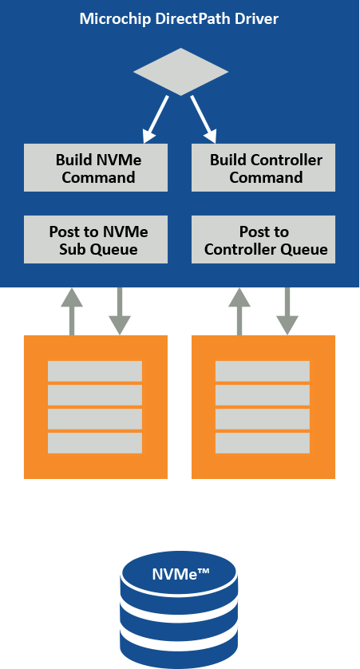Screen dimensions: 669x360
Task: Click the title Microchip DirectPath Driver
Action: pos(179,18)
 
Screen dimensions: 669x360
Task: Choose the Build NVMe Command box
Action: pos(96,168)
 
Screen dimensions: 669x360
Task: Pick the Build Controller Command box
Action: pos(263,168)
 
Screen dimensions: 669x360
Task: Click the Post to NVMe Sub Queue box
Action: pos(96,239)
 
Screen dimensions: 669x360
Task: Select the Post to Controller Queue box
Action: pos(263,239)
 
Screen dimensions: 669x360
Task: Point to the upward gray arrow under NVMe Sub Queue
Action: pos(72,310)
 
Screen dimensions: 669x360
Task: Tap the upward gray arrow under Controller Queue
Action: pos(239,310)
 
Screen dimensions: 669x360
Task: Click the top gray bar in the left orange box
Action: pos(95,371)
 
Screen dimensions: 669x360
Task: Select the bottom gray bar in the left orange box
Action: pos(95,443)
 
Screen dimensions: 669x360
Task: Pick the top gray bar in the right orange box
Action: pos(263,371)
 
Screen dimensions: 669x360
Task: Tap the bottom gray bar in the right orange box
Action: pos(263,443)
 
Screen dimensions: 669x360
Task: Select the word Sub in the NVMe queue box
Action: pos(73,249)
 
